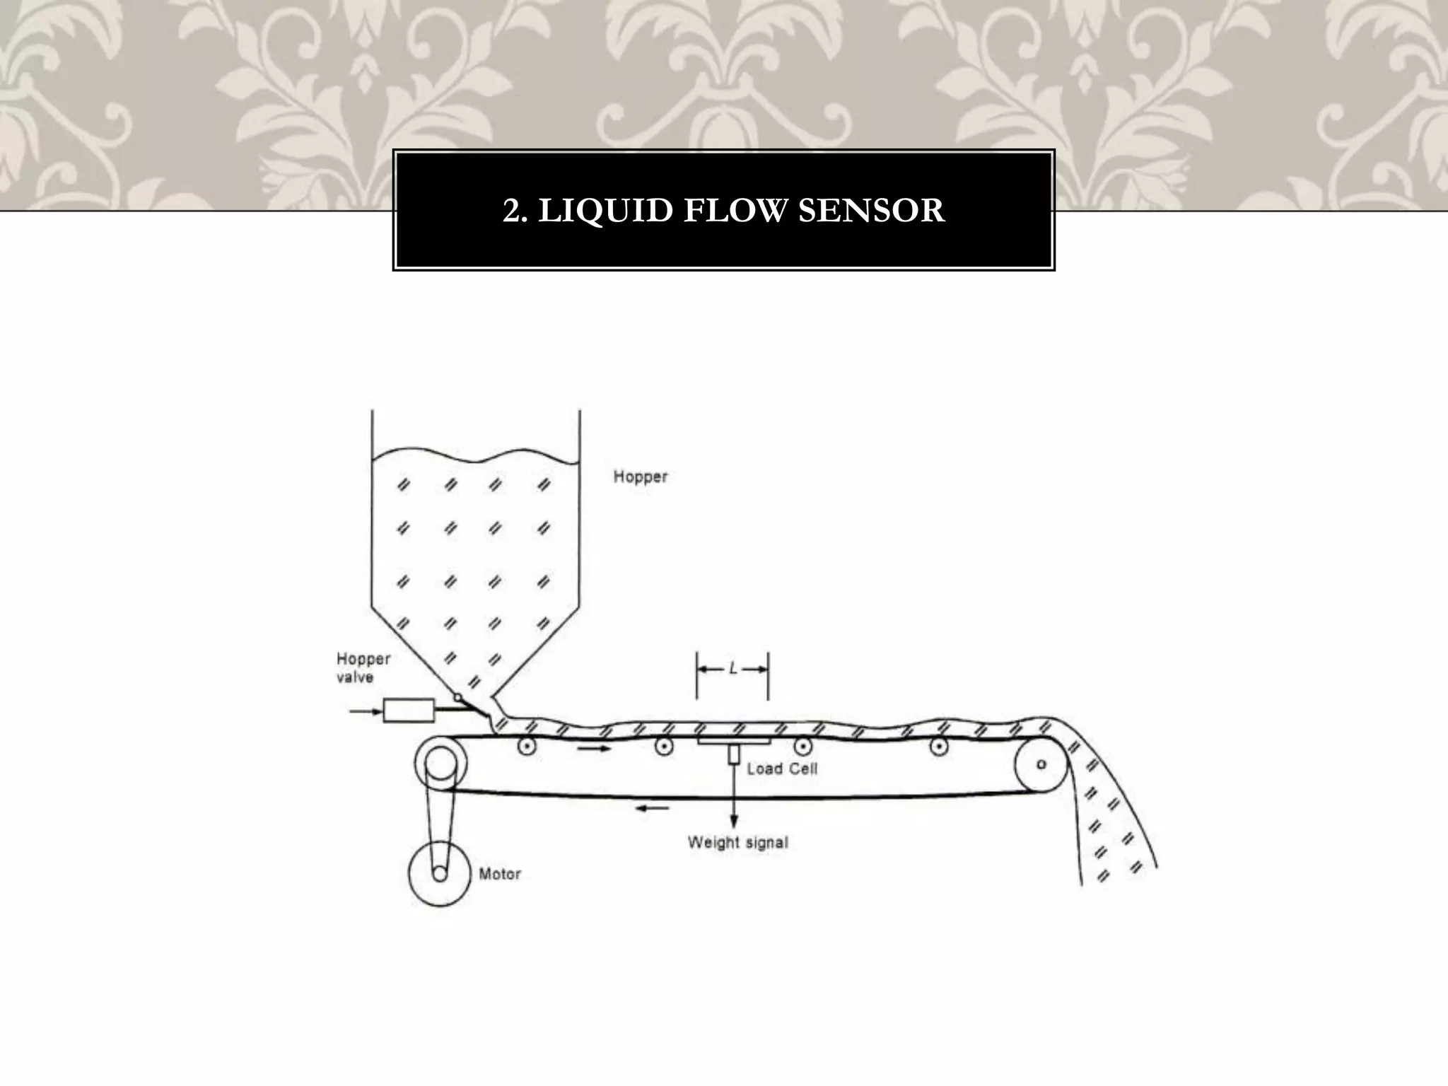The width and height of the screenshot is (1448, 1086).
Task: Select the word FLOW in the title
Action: (735, 211)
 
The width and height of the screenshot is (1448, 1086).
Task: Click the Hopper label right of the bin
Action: (640, 477)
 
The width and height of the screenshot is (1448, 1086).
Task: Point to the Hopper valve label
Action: (363, 668)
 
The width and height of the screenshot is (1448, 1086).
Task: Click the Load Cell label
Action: (782, 769)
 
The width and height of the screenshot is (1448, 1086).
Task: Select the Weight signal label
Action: (737, 843)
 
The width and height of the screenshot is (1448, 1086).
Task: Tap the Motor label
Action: (500, 875)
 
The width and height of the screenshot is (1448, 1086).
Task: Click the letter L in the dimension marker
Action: (733, 668)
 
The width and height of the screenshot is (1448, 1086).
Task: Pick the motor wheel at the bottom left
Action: (440, 874)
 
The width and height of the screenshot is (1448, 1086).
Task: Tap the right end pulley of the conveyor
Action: (1041, 764)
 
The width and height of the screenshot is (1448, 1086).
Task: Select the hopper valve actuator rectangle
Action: (409, 710)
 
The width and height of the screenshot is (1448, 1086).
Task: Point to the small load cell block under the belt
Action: (734, 754)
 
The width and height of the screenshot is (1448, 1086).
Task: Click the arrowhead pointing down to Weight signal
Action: (734, 821)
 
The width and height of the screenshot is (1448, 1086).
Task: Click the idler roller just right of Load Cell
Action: (802, 745)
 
